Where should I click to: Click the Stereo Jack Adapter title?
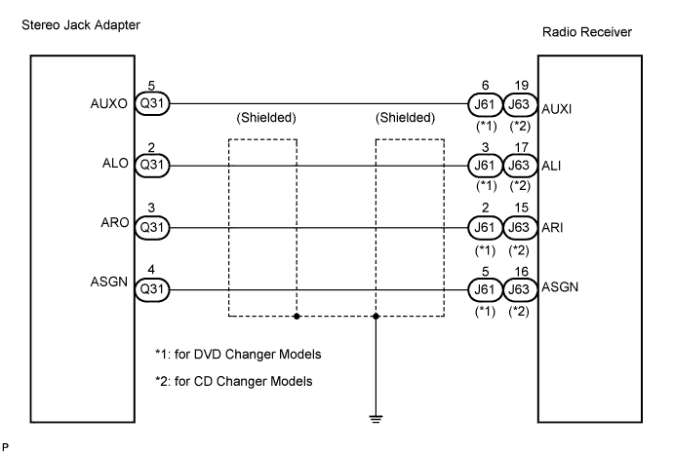point(81,25)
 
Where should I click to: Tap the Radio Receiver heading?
point(587,32)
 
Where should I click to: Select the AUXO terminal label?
point(108,104)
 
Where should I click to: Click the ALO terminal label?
point(115,163)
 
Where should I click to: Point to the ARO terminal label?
point(115,222)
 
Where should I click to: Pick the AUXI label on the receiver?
point(556,109)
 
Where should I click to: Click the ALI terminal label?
point(551,167)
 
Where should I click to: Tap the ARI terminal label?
point(552,228)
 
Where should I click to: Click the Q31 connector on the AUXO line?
point(152,104)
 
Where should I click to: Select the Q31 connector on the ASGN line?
point(152,289)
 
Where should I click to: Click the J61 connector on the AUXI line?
point(485,105)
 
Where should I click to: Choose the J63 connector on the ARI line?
point(520,228)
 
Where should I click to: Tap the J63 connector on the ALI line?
point(520,166)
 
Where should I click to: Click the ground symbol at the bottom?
point(376,419)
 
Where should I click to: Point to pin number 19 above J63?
point(522,86)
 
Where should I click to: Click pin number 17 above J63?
point(522,148)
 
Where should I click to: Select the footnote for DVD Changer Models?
point(238,355)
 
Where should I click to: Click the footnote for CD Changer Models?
point(234,381)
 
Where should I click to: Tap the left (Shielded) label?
point(266,118)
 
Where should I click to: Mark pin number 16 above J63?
point(522,272)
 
